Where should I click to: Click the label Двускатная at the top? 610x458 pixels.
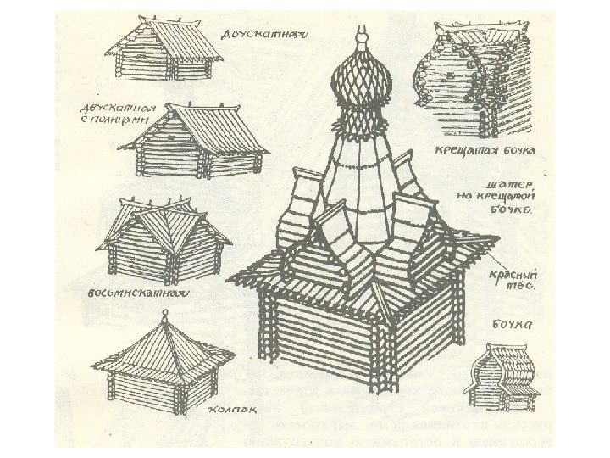263,35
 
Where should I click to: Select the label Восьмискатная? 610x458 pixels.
137,294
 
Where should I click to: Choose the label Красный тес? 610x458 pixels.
515,280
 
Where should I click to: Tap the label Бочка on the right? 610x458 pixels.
512,323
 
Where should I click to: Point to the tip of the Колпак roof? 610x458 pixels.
164,316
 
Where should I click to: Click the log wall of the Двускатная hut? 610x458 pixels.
140,64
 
